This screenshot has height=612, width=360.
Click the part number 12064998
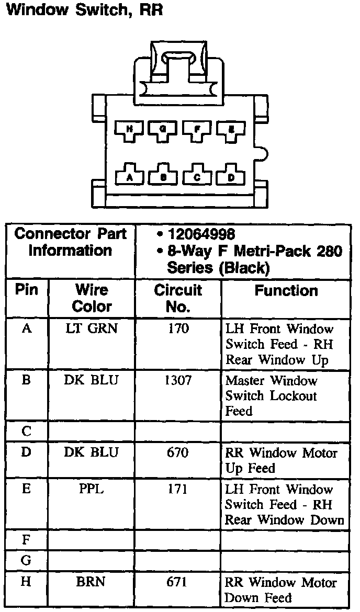(201, 234)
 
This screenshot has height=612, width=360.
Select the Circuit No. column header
(178, 298)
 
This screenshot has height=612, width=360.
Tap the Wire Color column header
(92, 298)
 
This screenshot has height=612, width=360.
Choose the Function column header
(286, 291)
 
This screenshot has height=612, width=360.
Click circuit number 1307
(178, 380)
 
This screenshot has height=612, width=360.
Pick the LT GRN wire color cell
(92, 329)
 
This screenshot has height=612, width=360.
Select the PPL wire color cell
(92, 489)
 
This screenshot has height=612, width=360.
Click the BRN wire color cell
(92, 582)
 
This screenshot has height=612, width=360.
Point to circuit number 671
(178, 582)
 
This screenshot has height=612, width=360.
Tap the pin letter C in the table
(27, 432)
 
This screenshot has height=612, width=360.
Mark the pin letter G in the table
(27, 561)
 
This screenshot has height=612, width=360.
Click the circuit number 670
(178, 452)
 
